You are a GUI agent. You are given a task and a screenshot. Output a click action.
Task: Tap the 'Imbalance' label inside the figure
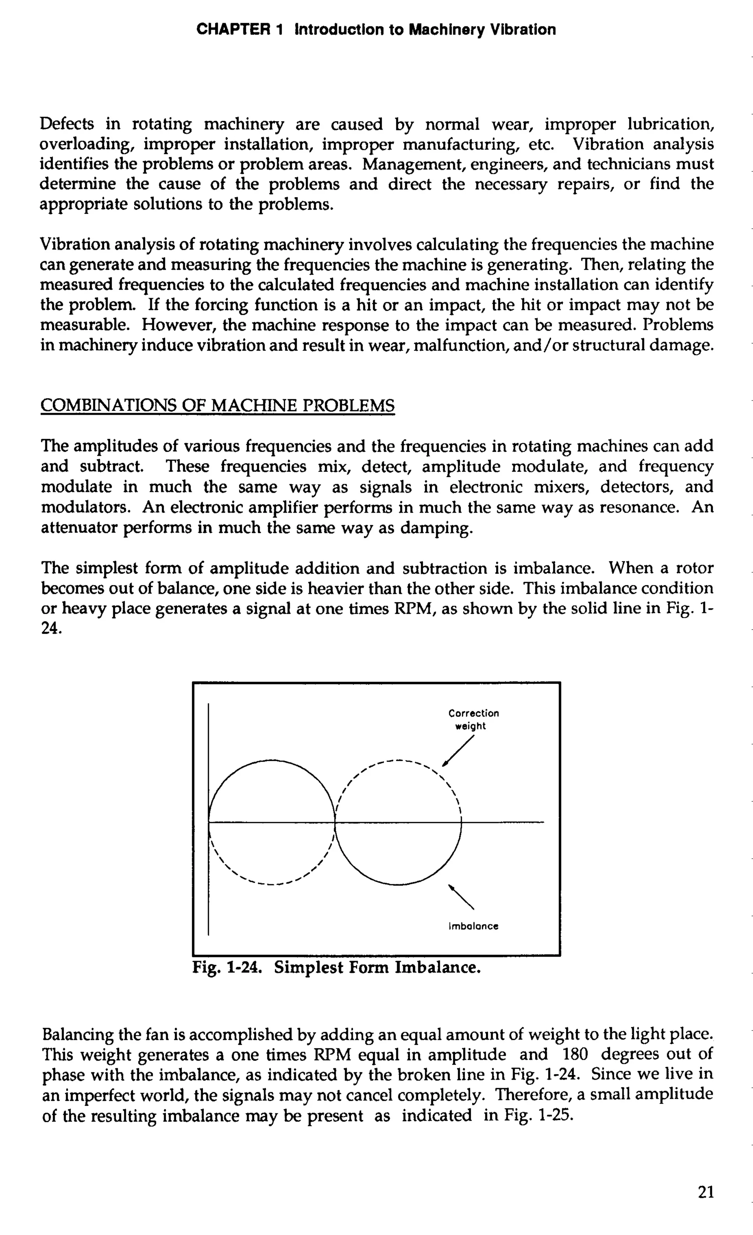click(473, 926)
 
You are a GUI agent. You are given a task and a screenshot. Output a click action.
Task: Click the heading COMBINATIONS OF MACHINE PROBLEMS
click(217, 405)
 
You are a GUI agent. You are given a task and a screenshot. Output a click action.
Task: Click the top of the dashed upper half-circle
click(398, 761)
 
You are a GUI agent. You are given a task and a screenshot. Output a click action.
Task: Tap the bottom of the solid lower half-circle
click(398, 884)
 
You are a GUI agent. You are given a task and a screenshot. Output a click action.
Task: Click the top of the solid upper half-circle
click(271, 760)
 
